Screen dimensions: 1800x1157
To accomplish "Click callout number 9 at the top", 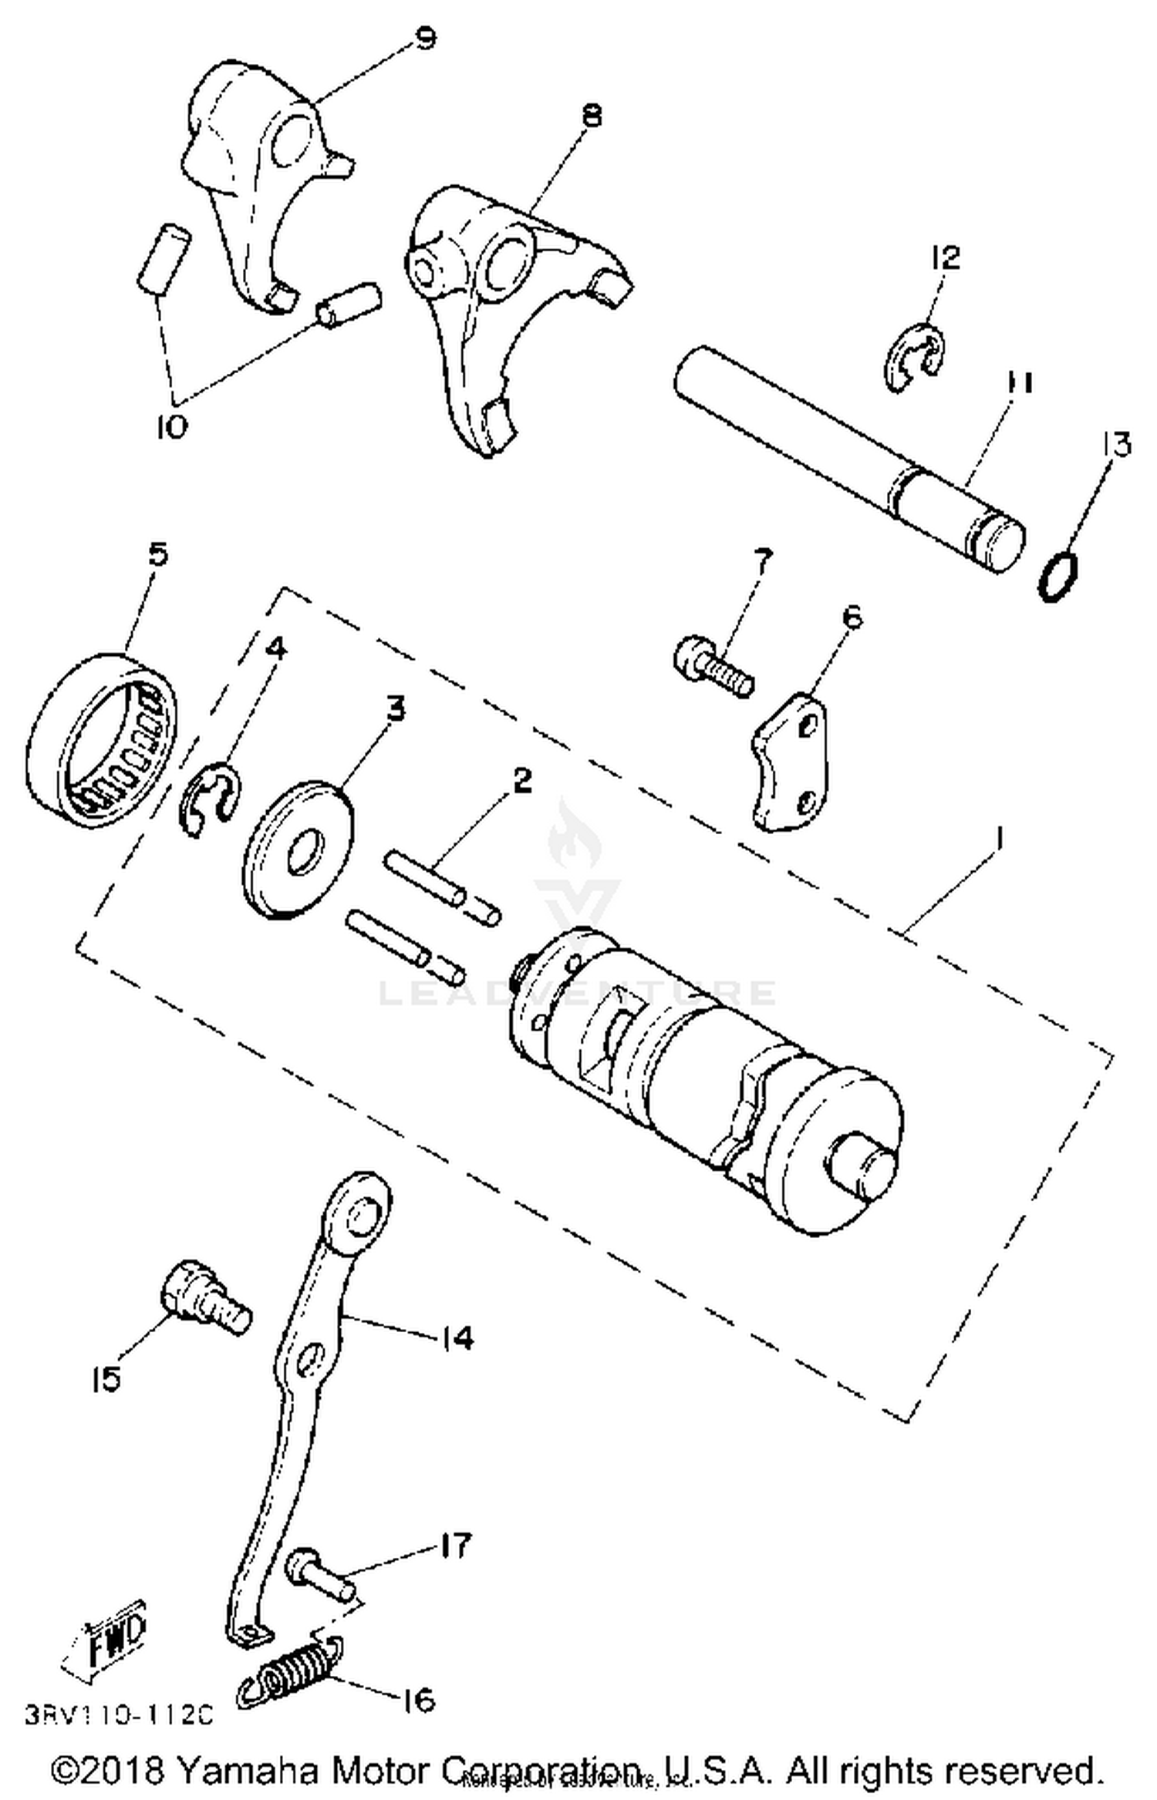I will (x=425, y=37).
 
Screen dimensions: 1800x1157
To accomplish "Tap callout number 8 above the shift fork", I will (x=591, y=116).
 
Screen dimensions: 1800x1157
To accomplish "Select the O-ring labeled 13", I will (x=1057, y=577).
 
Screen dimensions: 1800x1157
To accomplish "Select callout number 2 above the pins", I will (x=521, y=781).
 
